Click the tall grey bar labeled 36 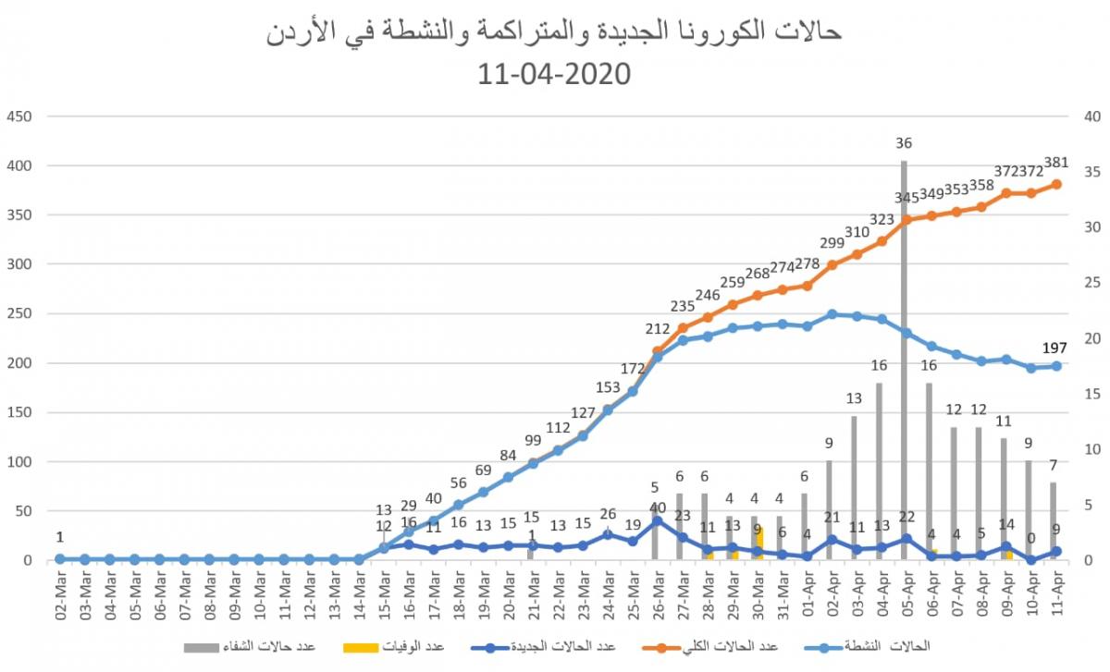point(904,360)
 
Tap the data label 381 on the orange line point(1055,163)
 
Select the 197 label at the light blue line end point(1055,348)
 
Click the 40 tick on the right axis point(1091,116)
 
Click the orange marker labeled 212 point(658,351)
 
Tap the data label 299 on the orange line point(832,243)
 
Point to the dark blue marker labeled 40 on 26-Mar point(658,521)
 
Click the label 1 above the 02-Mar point point(60,537)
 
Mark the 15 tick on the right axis point(1091,394)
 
